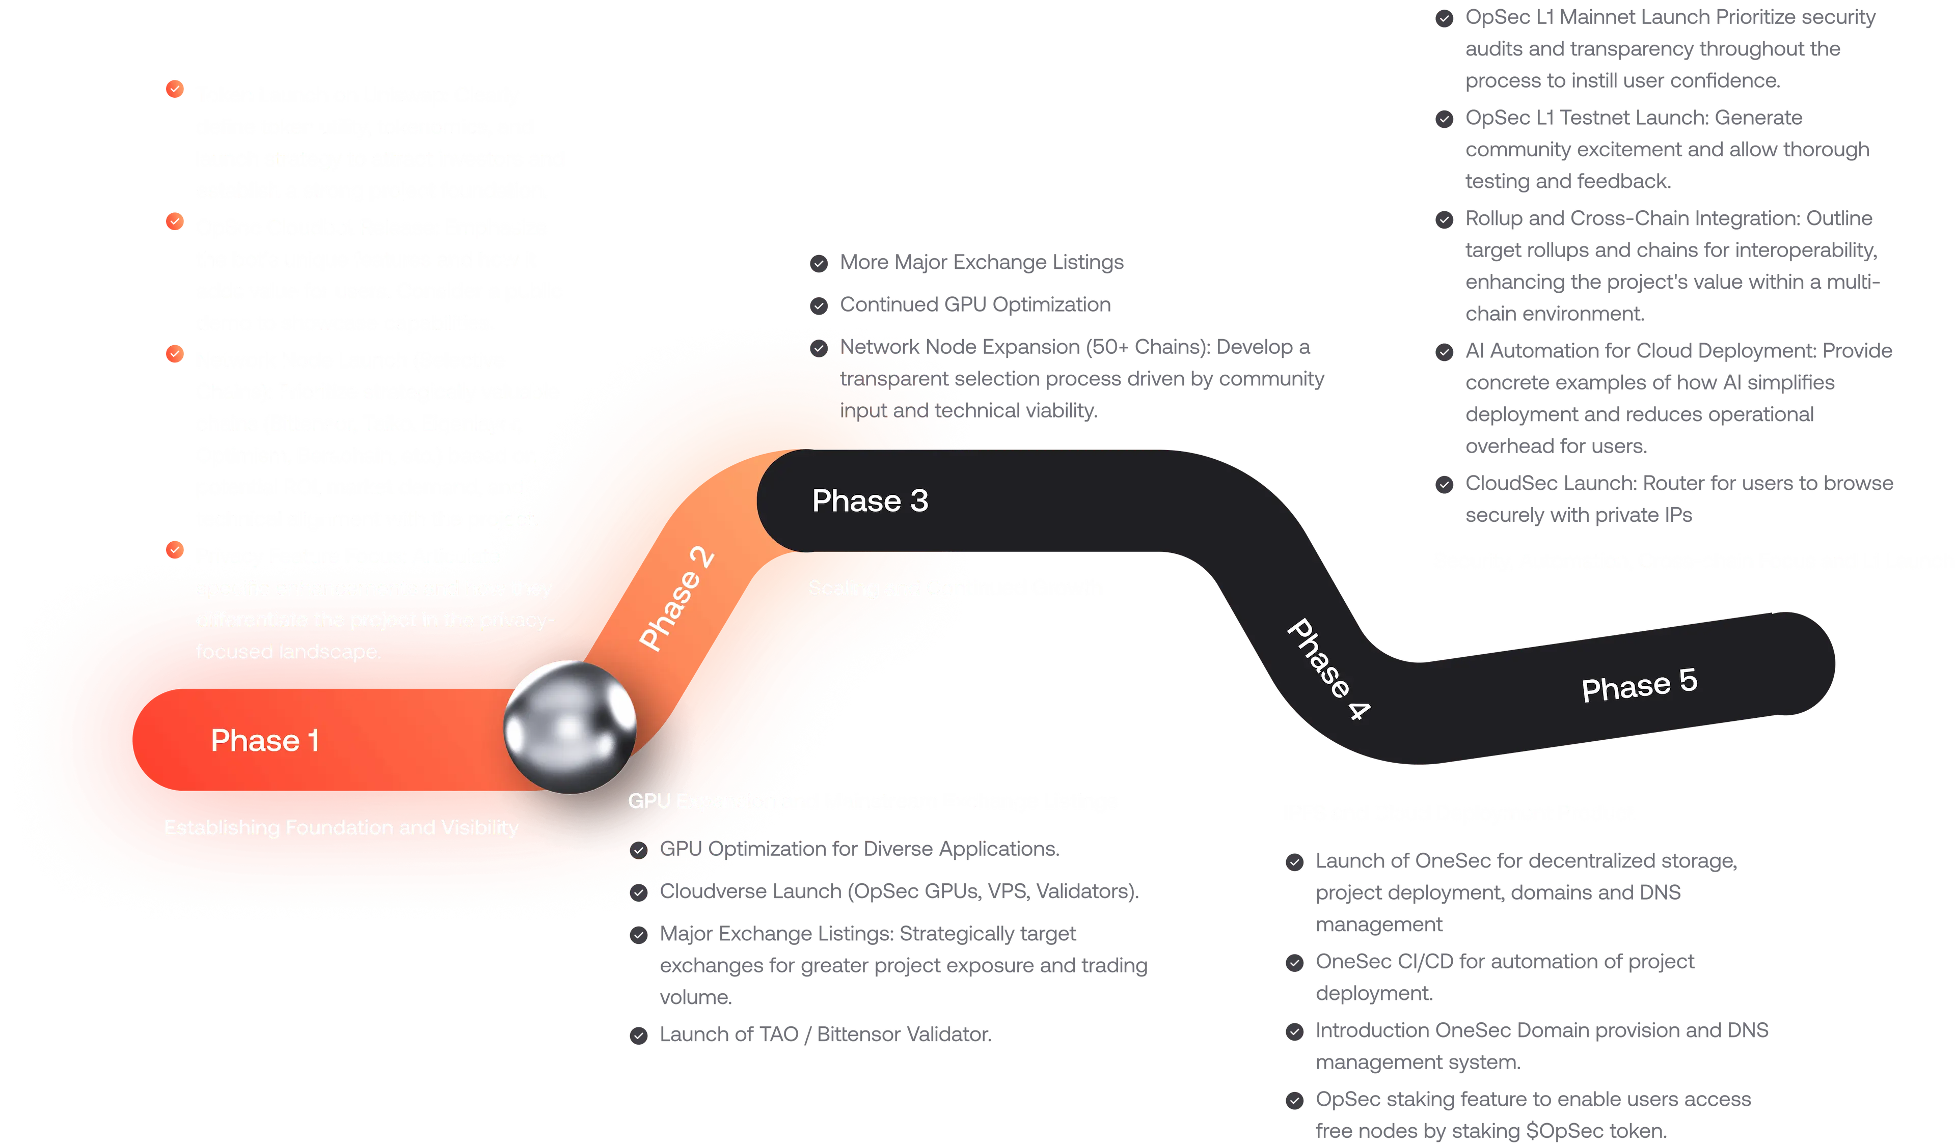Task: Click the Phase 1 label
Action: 265,740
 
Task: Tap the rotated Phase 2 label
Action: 676,598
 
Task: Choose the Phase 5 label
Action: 1639,685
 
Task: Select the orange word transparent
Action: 892,379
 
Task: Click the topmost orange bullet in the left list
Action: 175,89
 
